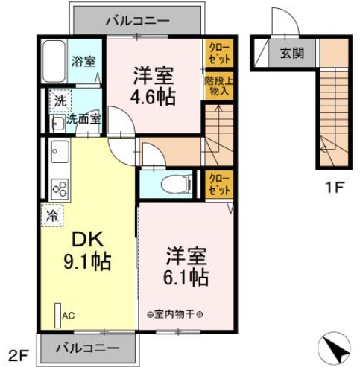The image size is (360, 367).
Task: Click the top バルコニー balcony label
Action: point(136,21)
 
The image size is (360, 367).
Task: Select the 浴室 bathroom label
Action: point(82,61)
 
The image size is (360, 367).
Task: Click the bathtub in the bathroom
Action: point(55,62)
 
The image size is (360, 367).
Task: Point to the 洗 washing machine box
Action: point(57,99)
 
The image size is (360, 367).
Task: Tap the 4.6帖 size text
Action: point(154,97)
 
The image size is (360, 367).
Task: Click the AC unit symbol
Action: point(57,316)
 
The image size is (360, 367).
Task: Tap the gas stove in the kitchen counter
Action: point(58,186)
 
